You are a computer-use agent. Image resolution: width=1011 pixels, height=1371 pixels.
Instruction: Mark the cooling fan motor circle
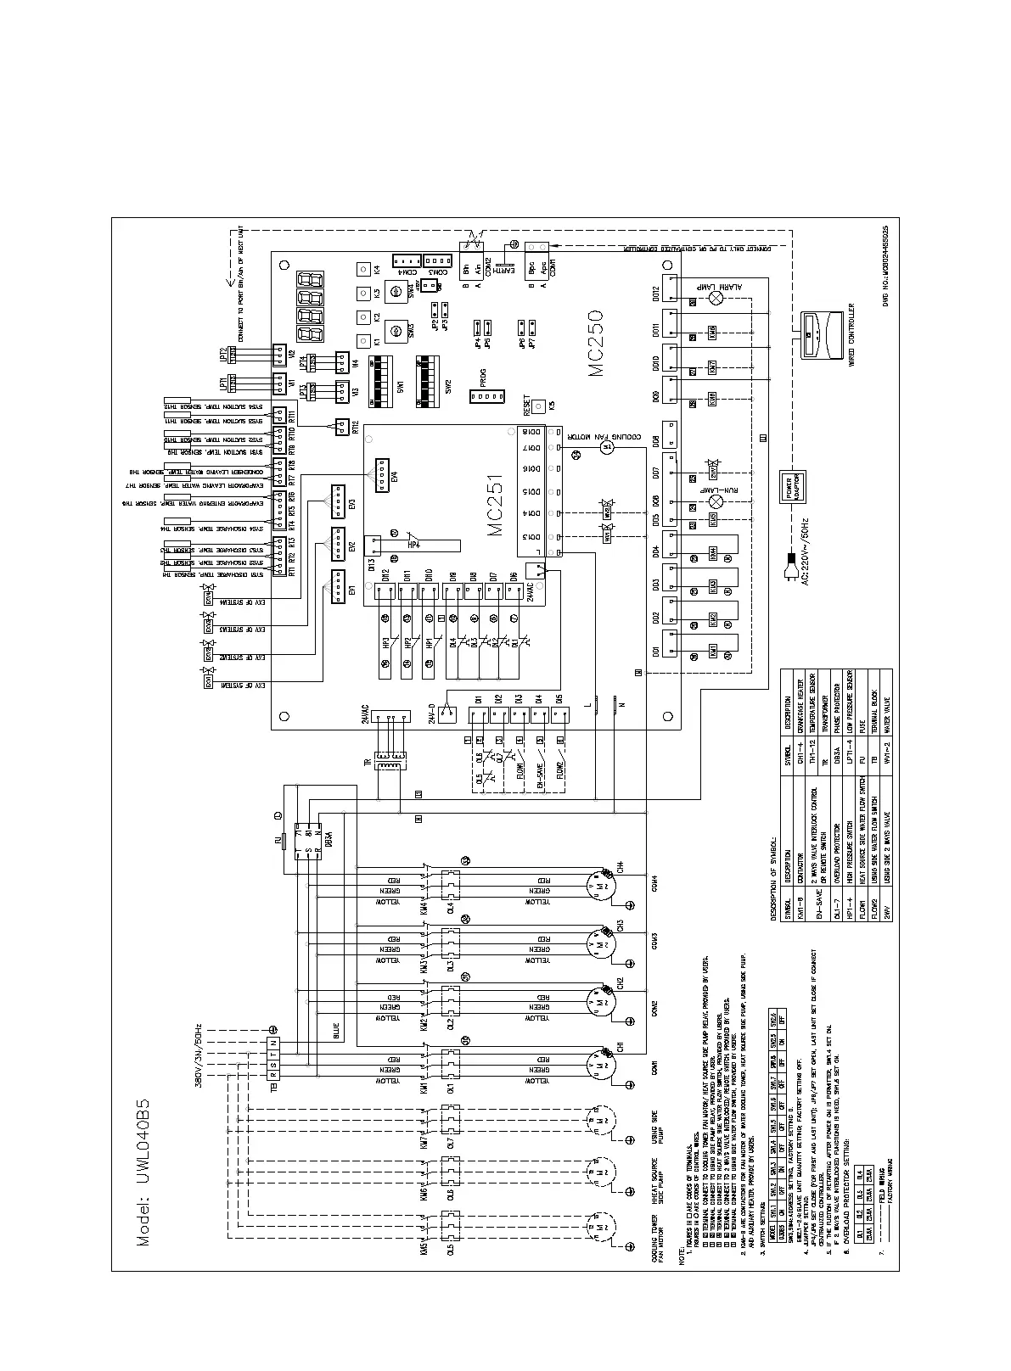click(606, 445)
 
